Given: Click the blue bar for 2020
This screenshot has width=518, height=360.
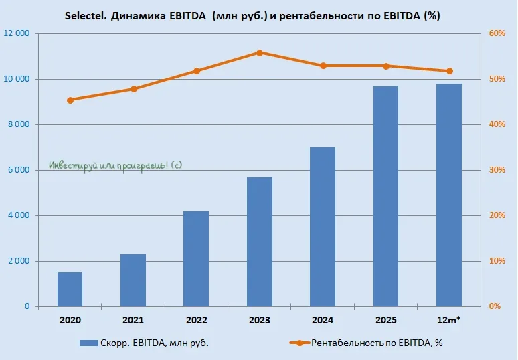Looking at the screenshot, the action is coord(70,290).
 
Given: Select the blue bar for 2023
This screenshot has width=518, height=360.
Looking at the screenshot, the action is coord(260,242).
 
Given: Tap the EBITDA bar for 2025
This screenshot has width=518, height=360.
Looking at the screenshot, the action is coord(386,197).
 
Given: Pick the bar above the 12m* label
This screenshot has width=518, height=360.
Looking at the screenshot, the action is coord(449,195).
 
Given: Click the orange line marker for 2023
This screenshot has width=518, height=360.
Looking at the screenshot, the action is coord(260,53).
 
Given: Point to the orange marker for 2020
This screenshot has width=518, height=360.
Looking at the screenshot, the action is coord(70,100).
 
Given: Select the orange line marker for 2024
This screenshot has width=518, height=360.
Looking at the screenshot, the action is coord(323,66).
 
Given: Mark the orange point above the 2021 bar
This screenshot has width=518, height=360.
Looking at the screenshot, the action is coord(133,89).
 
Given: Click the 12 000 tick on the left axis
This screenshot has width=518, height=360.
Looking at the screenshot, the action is coord(17,33).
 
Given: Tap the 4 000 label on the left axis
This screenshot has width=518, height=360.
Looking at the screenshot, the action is coord(19,215).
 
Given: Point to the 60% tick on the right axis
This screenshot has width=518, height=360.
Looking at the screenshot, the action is coord(497,33).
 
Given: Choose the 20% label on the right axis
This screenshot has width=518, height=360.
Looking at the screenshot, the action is coord(497,215).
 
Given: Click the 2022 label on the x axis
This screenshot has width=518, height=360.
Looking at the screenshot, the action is coord(197,320).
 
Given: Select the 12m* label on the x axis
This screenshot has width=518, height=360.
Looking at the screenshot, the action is coord(448,320).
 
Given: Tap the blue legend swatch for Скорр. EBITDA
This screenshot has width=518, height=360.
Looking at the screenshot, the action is coord(89,343).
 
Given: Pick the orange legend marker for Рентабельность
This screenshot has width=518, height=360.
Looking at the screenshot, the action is coord(300,343).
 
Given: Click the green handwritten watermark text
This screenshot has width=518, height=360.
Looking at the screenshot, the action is coord(115,165).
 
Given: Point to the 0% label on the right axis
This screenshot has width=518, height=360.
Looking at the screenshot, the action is coord(497,306).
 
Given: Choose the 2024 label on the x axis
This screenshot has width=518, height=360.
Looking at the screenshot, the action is coord(323,320).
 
